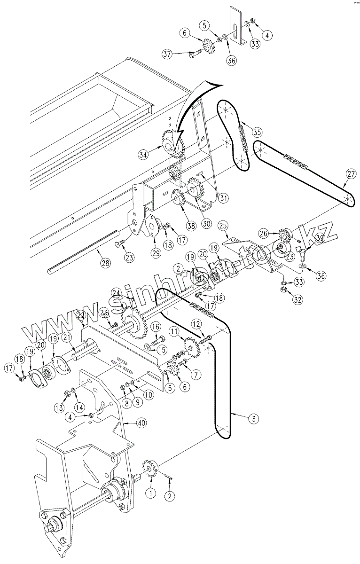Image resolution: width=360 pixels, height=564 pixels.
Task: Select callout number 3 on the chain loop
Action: coord(253,417)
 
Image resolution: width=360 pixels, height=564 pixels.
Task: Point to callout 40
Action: coord(141,423)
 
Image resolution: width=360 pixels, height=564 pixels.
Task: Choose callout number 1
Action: coord(151,493)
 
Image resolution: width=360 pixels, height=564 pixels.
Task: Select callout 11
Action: coord(174,332)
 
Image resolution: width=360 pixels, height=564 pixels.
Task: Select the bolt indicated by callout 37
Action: coord(194,55)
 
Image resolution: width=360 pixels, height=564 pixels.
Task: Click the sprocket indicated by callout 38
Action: coord(179,200)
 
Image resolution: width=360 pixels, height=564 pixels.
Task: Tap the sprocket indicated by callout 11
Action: coord(192,346)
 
